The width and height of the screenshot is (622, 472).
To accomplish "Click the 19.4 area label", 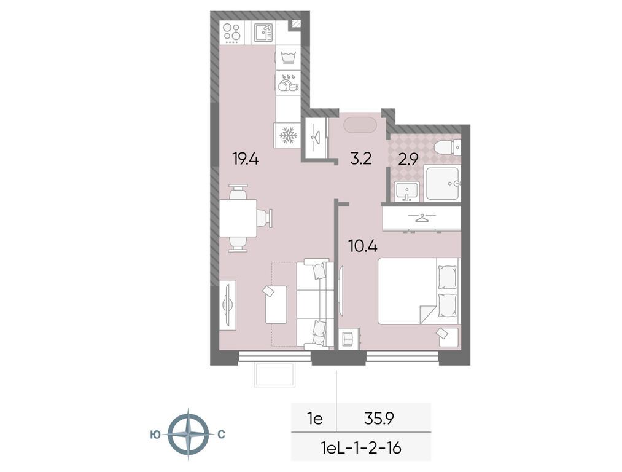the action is click(246, 160).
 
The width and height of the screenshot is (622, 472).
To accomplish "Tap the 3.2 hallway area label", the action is click(360, 159).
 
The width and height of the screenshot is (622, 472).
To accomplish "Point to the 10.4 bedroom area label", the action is click(362, 246).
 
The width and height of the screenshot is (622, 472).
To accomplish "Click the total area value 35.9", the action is click(379, 418).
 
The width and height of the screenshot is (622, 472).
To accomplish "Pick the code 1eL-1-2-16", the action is click(362, 448).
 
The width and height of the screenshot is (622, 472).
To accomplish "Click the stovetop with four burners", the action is click(231, 33).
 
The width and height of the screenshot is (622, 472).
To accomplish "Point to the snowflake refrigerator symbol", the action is click(289, 135).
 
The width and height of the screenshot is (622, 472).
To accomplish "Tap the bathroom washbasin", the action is click(407, 191).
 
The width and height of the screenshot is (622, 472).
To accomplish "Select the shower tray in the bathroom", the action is click(442, 183).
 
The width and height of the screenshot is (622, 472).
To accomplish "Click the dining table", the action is click(238, 218).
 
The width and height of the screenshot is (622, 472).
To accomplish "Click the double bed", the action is click(419, 291).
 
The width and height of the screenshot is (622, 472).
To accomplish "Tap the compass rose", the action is click(189, 435).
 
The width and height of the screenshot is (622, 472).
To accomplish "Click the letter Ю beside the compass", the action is click(155, 435).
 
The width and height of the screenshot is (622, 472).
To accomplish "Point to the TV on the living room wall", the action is click(227, 304).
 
